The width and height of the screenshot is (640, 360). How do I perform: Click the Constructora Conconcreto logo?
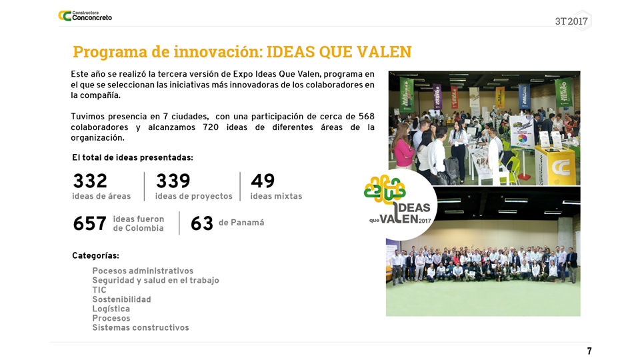85,16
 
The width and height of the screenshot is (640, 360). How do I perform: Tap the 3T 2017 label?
571,21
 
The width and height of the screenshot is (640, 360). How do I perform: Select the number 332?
90,181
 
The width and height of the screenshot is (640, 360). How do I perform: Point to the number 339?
173,181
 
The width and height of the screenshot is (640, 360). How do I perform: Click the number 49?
263,181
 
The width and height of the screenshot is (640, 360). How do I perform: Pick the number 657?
90,224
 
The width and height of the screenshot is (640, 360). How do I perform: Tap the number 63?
201,224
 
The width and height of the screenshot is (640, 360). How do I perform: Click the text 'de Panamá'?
241,223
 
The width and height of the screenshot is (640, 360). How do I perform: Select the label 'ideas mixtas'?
276,196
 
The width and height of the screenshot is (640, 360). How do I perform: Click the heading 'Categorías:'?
95,256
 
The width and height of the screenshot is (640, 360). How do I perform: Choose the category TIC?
99,290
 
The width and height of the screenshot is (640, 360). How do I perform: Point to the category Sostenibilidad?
121,299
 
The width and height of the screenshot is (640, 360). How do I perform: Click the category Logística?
111,309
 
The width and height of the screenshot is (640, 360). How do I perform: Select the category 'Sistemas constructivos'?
141,328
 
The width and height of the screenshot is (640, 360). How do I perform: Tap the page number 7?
589,351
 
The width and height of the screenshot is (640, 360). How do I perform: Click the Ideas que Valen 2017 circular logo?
400,204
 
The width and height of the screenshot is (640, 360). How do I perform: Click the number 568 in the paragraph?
367,116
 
